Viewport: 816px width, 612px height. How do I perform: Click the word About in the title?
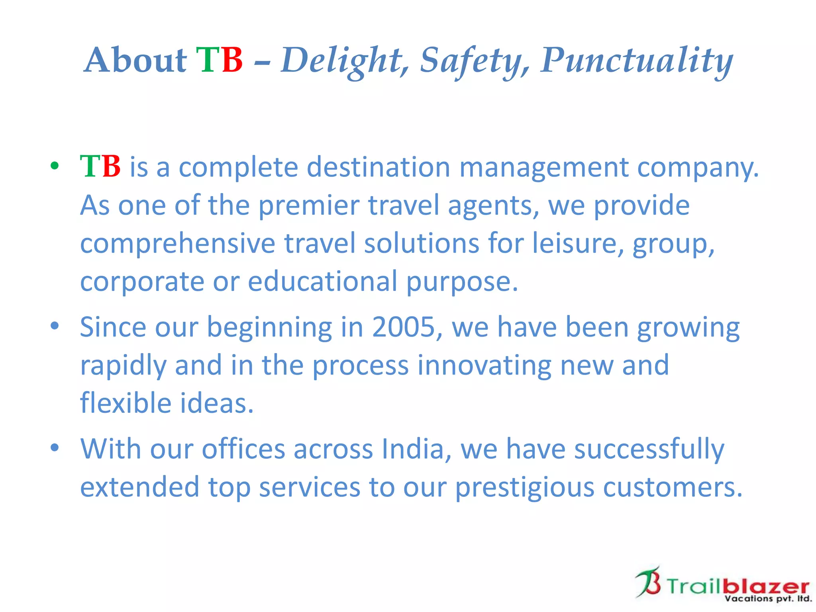[x=136, y=60]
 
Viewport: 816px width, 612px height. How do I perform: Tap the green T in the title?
[x=208, y=60]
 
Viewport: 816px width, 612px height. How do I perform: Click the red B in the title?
[x=232, y=60]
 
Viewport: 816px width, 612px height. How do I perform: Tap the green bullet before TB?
[x=55, y=166]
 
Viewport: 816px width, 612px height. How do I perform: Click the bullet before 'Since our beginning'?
[x=55, y=326]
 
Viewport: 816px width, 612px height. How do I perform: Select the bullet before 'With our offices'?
[x=55, y=448]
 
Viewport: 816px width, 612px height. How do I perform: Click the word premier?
[x=309, y=205]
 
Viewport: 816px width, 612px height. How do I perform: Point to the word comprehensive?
[x=178, y=243]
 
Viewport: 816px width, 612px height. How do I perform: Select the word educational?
[x=322, y=281]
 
